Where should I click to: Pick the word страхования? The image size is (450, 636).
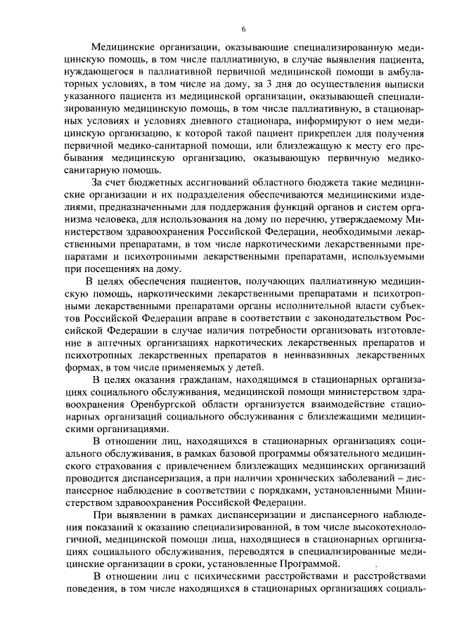(x=121, y=466)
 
